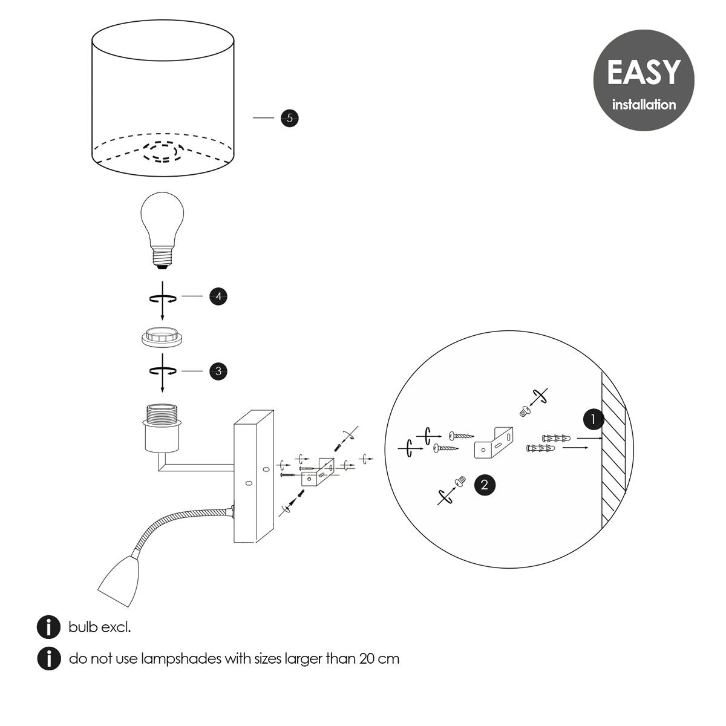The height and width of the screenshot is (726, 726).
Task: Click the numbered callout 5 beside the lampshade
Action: [x=290, y=118]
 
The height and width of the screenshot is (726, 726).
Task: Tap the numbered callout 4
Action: [x=218, y=296]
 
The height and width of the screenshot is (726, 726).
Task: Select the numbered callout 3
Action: [x=218, y=371]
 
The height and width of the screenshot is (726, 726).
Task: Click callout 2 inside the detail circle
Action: [x=485, y=484]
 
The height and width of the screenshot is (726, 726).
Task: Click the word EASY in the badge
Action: [x=643, y=72]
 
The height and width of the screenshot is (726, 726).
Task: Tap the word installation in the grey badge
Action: [x=644, y=105]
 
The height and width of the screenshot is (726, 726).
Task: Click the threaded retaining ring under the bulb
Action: [x=162, y=338]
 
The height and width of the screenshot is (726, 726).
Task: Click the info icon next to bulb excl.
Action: [x=48, y=627]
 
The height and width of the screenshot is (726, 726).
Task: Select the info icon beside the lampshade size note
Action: [x=48, y=658]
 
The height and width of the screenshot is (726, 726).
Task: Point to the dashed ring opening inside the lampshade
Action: [x=162, y=151]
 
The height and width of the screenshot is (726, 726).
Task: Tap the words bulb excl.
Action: [x=100, y=627]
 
